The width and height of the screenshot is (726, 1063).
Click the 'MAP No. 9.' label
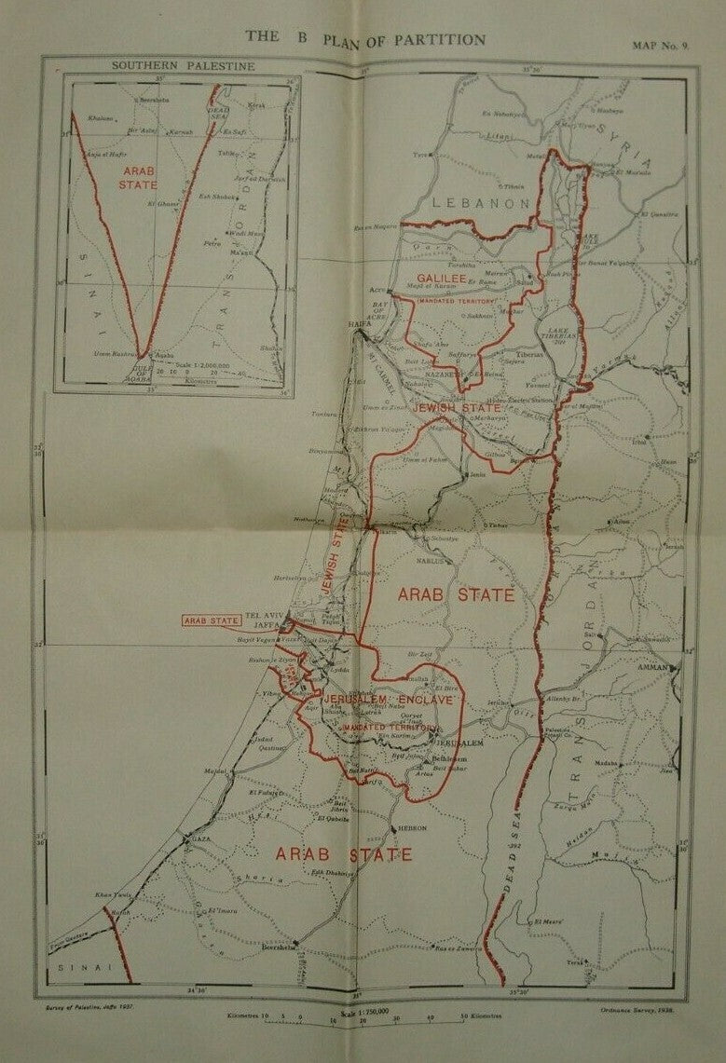pos(661,44)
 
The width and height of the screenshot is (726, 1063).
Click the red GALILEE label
pos(440,279)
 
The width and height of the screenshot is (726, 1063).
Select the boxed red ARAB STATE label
pos(206,620)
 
